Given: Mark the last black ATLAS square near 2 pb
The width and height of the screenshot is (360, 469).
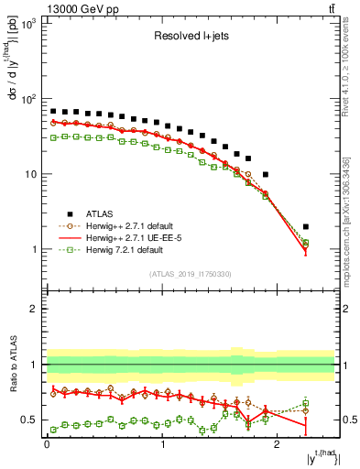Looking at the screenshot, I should click(x=306, y=226).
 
